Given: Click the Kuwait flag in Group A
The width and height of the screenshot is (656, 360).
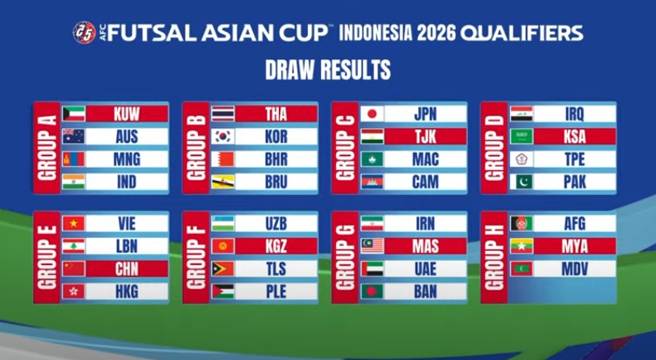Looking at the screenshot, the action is (73, 113).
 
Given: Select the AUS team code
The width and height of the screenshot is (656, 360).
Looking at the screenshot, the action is (127, 136).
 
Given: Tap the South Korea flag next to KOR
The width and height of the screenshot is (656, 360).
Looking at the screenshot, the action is (223, 136).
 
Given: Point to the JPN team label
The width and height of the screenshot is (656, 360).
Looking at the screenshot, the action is (425, 114).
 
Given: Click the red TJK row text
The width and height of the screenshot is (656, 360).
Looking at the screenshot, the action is (425, 136).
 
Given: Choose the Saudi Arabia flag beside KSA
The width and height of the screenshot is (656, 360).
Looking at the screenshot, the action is (521, 136).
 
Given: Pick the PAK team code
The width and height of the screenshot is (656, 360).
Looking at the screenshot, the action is (574, 182).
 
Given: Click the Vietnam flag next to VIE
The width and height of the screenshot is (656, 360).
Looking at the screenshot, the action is (73, 223).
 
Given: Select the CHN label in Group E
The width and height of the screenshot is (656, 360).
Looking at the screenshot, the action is (127, 268).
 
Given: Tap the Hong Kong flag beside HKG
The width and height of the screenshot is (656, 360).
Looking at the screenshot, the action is (73, 291).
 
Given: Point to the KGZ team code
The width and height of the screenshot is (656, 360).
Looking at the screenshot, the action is (276, 246).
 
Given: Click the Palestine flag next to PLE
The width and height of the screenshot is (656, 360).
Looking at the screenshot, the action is (223, 291).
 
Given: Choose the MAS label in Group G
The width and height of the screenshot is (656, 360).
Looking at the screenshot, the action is (425, 246).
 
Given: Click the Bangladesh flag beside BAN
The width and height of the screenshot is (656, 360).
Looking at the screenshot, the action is (372, 291).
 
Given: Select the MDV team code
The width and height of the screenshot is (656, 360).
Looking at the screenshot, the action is (574, 268).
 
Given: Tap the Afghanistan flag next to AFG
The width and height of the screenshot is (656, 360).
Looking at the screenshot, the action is (521, 223).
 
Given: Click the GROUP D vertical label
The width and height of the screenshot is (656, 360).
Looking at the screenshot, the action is (494, 148).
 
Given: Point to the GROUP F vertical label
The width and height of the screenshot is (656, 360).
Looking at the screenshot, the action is (196, 258).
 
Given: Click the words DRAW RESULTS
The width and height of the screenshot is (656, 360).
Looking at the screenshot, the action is (328, 69).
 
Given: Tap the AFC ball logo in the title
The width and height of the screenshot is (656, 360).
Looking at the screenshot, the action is (84, 33).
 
